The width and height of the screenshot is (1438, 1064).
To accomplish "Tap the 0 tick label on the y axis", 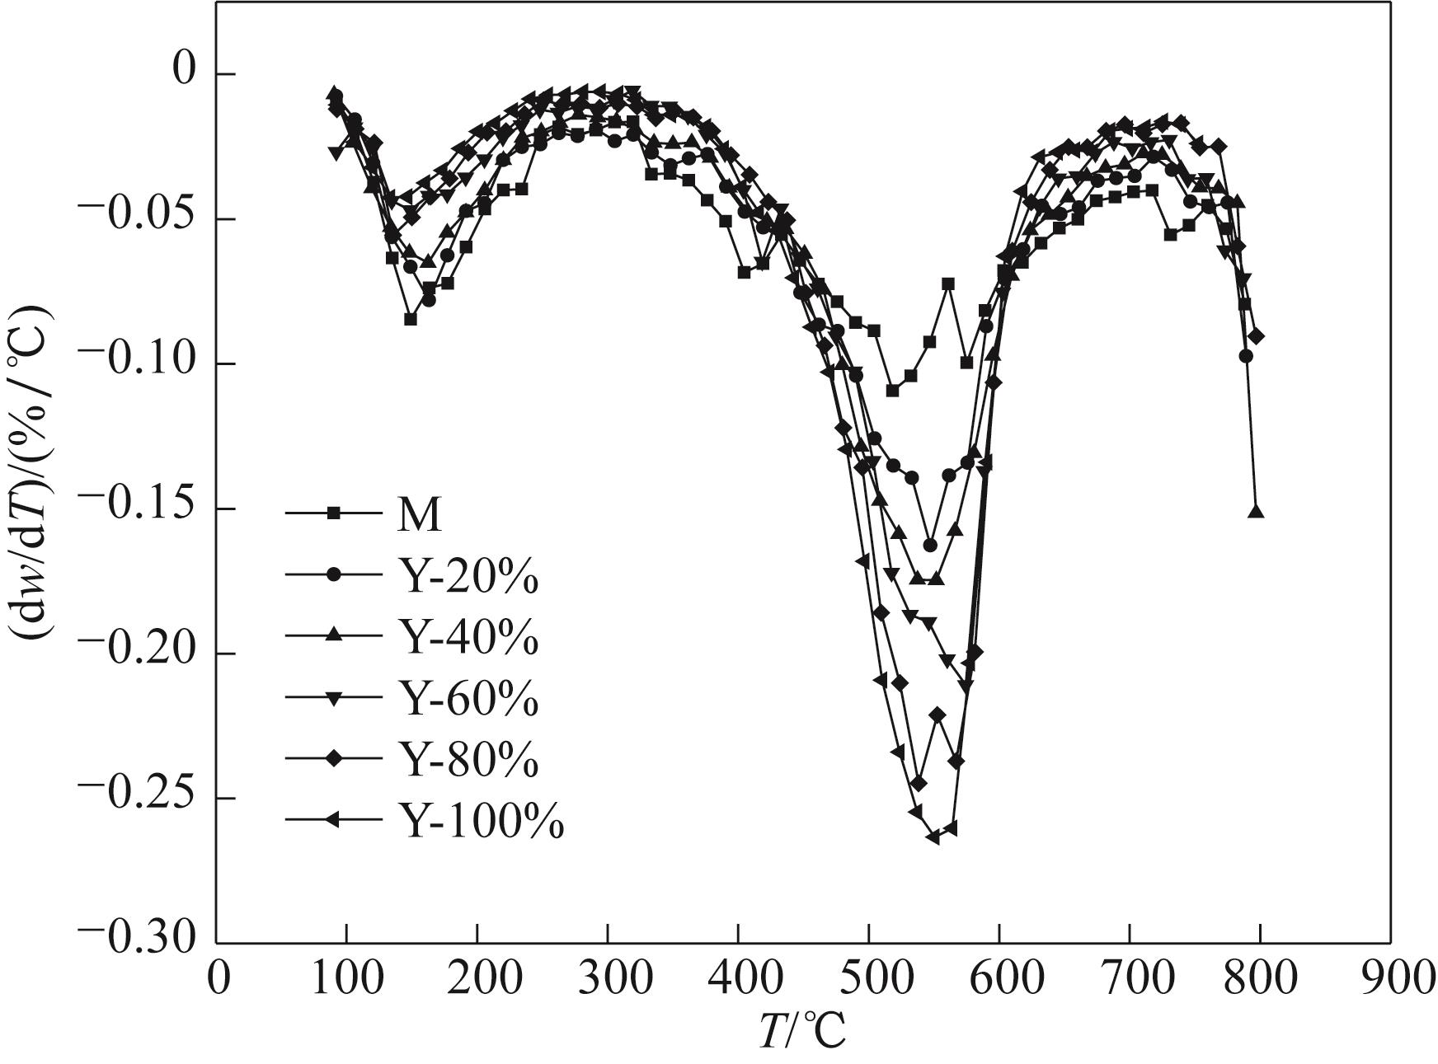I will click(x=180, y=73).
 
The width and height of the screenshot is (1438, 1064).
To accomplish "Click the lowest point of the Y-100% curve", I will click(x=933, y=837).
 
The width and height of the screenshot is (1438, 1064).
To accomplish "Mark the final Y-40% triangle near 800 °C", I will click(x=1256, y=512).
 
